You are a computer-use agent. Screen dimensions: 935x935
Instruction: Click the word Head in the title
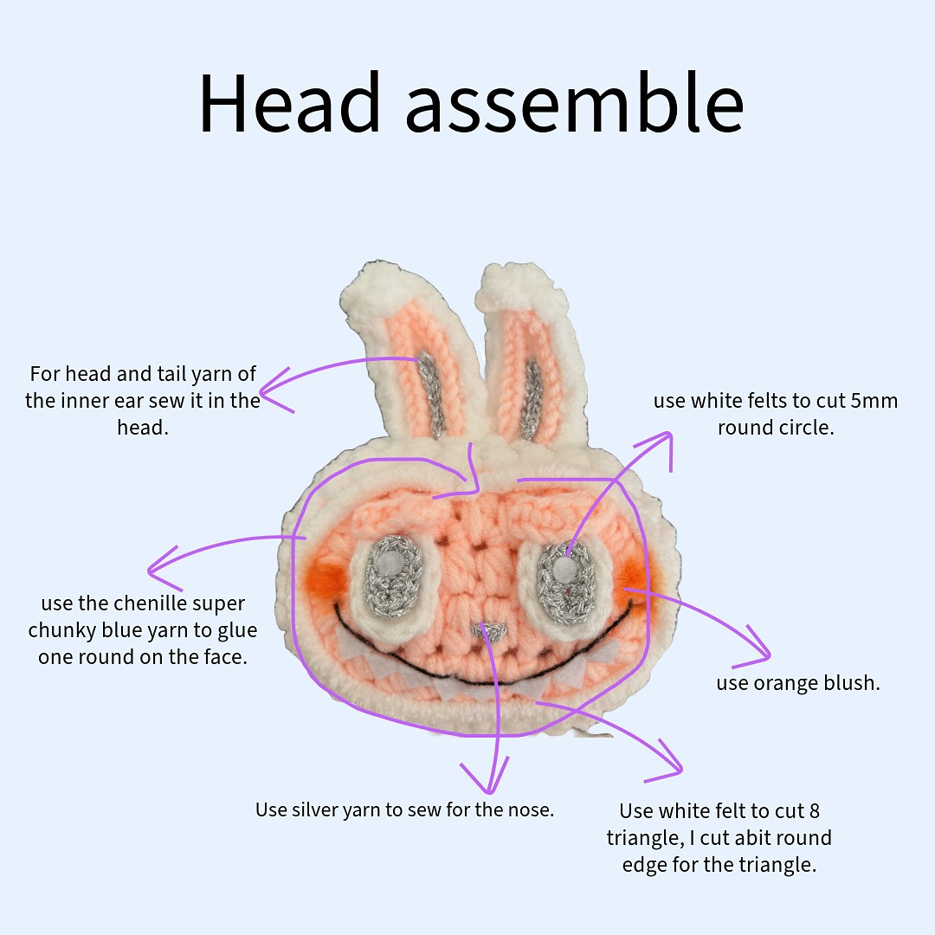point(289,103)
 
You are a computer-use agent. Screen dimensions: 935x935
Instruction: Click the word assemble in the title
point(574,103)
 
